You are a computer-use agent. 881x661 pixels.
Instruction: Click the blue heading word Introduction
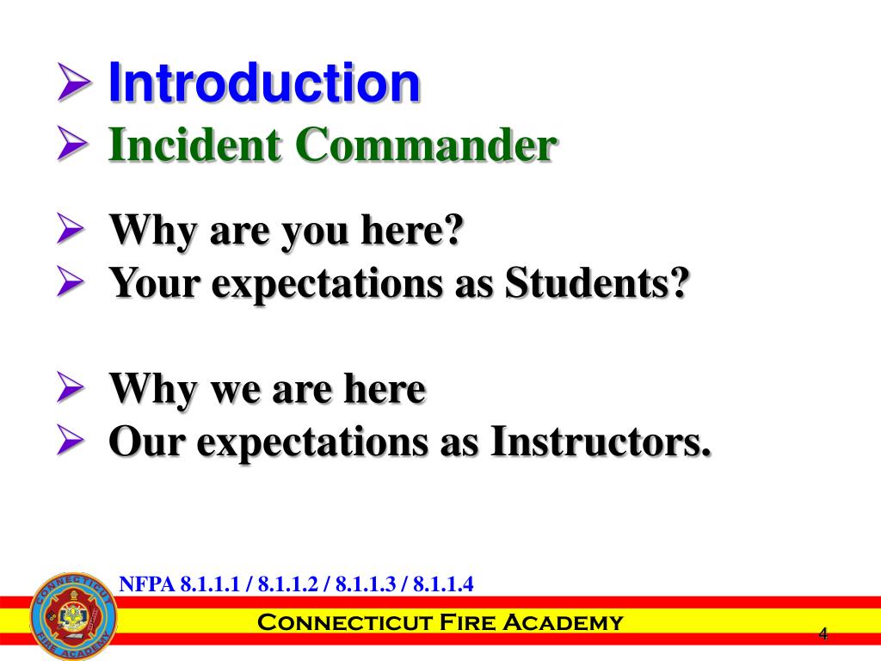click(x=264, y=83)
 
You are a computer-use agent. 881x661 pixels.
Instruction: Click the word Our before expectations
click(x=149, y=442)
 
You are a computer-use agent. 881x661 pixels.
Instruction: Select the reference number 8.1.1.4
click(x=444, y=584)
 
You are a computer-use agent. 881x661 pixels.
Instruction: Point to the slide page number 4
click(x=822, y=635)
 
